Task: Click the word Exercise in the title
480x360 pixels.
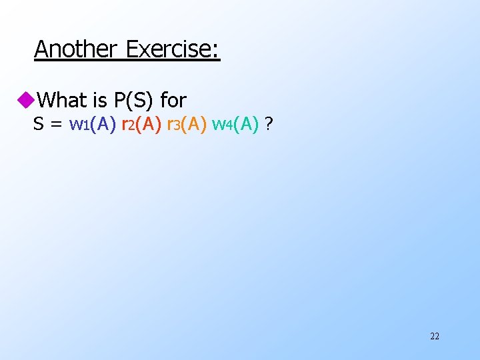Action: point(169,49)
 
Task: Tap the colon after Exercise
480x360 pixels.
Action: point(217,51)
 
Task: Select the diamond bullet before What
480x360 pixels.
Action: point(26,100)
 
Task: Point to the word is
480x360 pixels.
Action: point(101,100)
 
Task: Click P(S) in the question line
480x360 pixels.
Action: point(135,100)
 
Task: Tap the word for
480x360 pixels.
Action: point(173,100)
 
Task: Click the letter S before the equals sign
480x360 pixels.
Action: point(39,124)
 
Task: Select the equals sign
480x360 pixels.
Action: point(57,125)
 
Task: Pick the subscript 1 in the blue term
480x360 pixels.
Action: point(85,127)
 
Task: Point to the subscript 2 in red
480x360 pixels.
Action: point(132,127)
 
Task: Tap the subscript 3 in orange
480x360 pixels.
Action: point(177,127)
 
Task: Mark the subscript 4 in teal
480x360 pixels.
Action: point(228,127)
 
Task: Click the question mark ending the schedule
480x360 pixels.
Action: point(268,124)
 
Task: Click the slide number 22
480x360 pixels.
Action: point(435,336)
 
